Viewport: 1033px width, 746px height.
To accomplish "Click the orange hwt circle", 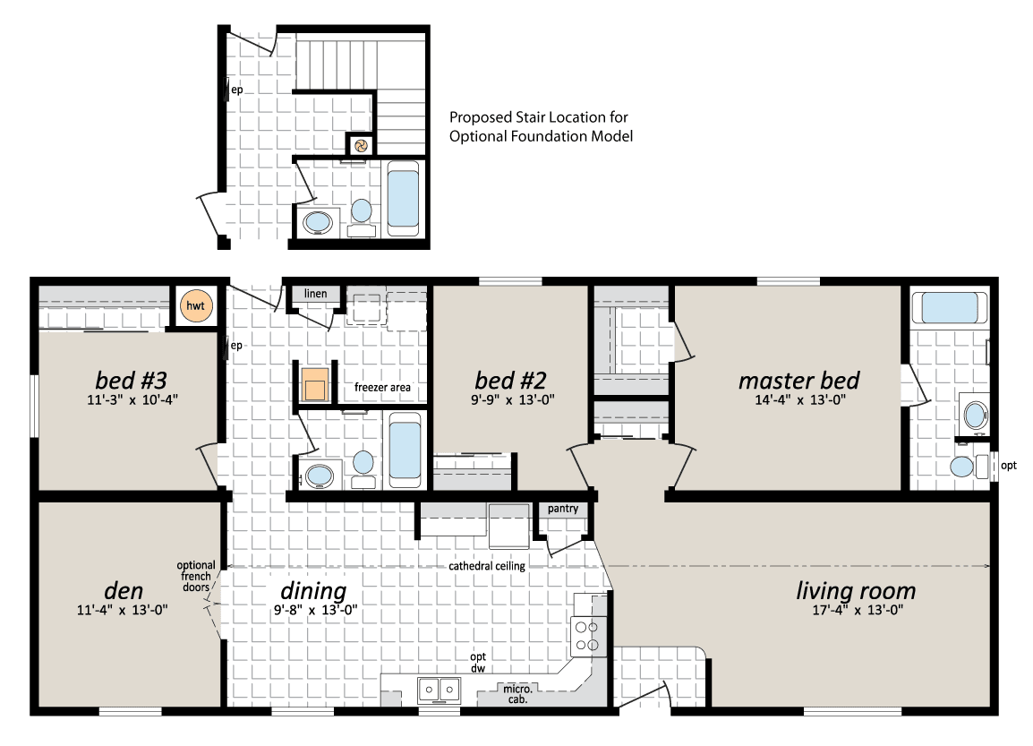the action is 196,305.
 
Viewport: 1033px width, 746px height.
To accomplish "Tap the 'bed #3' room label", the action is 131,381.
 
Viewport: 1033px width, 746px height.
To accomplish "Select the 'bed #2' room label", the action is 510,381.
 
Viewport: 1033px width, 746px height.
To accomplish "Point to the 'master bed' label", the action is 798,381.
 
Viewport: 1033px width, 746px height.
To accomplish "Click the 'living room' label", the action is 856,591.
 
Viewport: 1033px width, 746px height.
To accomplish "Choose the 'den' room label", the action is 124,590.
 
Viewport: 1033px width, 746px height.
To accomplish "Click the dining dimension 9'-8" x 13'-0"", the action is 316,610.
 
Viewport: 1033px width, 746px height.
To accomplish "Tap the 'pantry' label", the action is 563,509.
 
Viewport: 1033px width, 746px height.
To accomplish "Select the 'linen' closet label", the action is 316,294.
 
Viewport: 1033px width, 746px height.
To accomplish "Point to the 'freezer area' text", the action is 382,388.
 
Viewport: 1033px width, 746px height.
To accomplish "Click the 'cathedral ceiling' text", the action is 487,566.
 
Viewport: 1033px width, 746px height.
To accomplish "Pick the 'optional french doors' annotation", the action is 196,576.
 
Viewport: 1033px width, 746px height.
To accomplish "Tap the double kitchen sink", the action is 440,690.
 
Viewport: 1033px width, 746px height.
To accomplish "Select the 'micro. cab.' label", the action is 517,694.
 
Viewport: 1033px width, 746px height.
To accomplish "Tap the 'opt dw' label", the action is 478,663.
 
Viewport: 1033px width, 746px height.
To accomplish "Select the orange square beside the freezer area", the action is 315,385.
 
